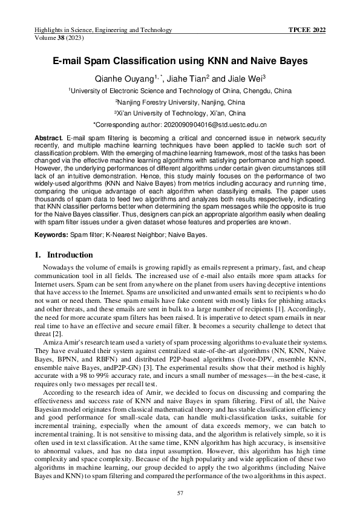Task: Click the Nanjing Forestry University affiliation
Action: (180, 102)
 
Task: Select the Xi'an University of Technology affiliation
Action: (180, 113)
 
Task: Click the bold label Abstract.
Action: (48, 138)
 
